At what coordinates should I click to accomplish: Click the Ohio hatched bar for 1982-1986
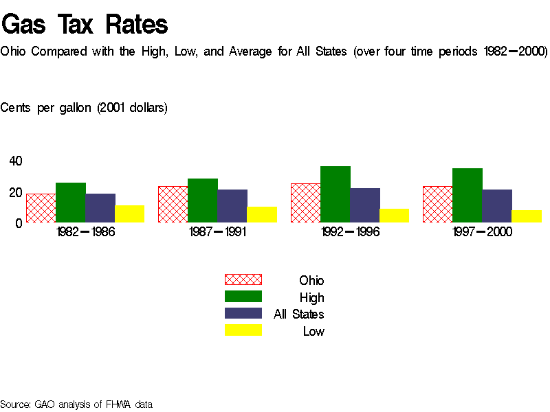point(41,208)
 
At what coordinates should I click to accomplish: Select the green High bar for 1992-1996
point(335,194)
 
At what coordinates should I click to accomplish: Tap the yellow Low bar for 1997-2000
point(527,216)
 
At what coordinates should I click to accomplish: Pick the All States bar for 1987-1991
point(232,206)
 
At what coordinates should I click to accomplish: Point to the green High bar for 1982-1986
point(71,203)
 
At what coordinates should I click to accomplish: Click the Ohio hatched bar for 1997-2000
point(437,205)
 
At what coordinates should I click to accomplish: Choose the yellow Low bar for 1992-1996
point(395,216)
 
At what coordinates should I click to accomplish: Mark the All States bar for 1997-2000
point(497,206)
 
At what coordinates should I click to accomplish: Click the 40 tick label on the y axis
point(15,161)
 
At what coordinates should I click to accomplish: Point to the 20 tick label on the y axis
point(15,193)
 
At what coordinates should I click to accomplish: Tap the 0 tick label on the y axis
point(19,223)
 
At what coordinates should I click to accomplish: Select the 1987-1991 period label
point(218,232)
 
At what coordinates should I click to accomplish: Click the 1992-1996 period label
point(350,232)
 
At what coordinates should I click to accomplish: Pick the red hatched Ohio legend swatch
point(243,279)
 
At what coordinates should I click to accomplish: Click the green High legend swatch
point(243,297)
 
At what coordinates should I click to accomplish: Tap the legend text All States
point(299,314)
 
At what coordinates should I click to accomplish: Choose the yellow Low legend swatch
point(243,330)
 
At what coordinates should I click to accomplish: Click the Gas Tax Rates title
point(85,25)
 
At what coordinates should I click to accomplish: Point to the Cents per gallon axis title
point(84,108)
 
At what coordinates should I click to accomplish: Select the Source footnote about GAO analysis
point(76,404)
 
